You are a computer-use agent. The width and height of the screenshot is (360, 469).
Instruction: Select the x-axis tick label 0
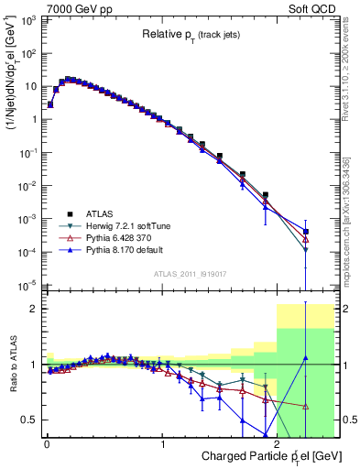coord(46,444)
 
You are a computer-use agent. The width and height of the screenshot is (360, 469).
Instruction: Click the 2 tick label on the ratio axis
coord(34,310)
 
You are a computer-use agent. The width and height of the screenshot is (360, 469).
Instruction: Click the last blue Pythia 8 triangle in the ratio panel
coord(306,357)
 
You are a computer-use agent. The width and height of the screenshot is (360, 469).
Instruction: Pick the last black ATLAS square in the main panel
coord(306,232)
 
